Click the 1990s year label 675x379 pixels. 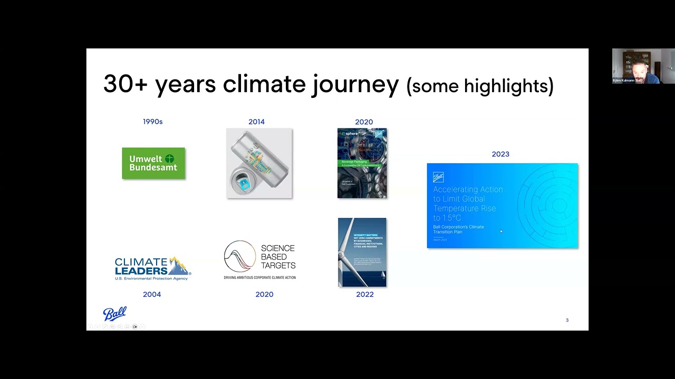coord(152,122)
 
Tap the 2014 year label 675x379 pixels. coord(256,122)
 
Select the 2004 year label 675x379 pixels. coord(152,294)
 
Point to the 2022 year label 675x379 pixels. coord(364,294)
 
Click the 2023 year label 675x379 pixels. coord(500,154)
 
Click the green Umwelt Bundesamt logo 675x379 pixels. coord(153,163)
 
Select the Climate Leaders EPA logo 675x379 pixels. coord(152,268)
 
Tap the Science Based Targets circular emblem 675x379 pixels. coord(240,256)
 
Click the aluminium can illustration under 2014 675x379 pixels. coord(259,164)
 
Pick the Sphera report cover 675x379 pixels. coord(362,163)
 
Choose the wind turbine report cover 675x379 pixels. coord(362,252)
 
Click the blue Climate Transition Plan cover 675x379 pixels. coord(502,206)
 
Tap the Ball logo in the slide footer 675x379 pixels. coord(114,314)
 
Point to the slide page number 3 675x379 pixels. coord(567,320)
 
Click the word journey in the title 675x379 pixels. coord(355,85)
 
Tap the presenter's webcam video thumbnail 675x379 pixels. coord(643,66)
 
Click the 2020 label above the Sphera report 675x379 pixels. coord(364,122)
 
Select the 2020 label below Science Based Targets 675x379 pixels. coord(264,294)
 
